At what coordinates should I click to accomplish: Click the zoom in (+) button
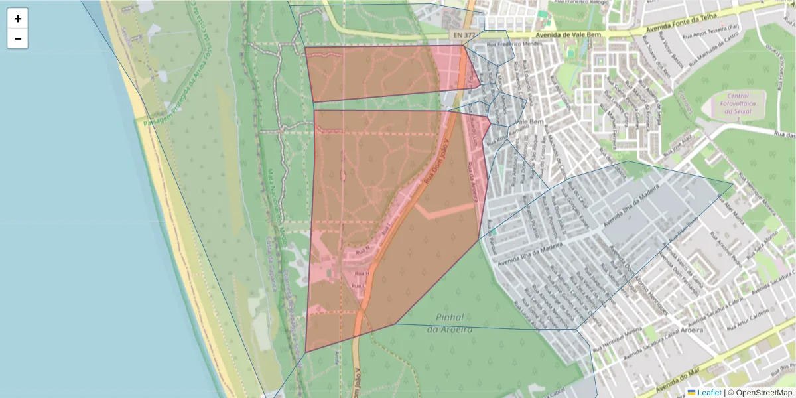point(18,19)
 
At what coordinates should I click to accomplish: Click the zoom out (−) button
point(18,38)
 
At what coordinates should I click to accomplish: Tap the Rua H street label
point(362,273)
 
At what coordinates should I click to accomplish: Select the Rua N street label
point(362,251)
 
